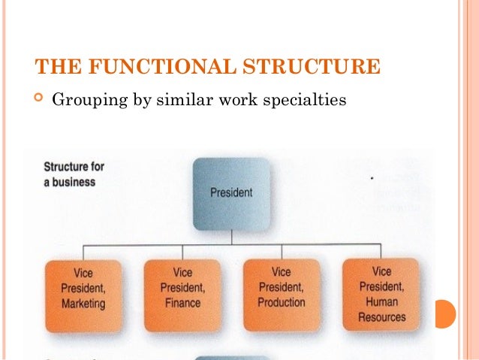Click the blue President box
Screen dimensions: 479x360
230,192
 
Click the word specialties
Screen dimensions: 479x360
307,99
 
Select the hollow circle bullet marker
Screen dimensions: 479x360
40,98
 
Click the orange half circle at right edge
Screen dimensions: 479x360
445,313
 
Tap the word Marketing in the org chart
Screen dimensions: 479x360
83,304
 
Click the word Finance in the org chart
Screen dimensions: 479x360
182,303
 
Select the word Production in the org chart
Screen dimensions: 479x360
282,302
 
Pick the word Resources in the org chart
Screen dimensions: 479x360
381,316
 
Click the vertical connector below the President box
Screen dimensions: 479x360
231,237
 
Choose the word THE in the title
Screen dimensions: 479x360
55,67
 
